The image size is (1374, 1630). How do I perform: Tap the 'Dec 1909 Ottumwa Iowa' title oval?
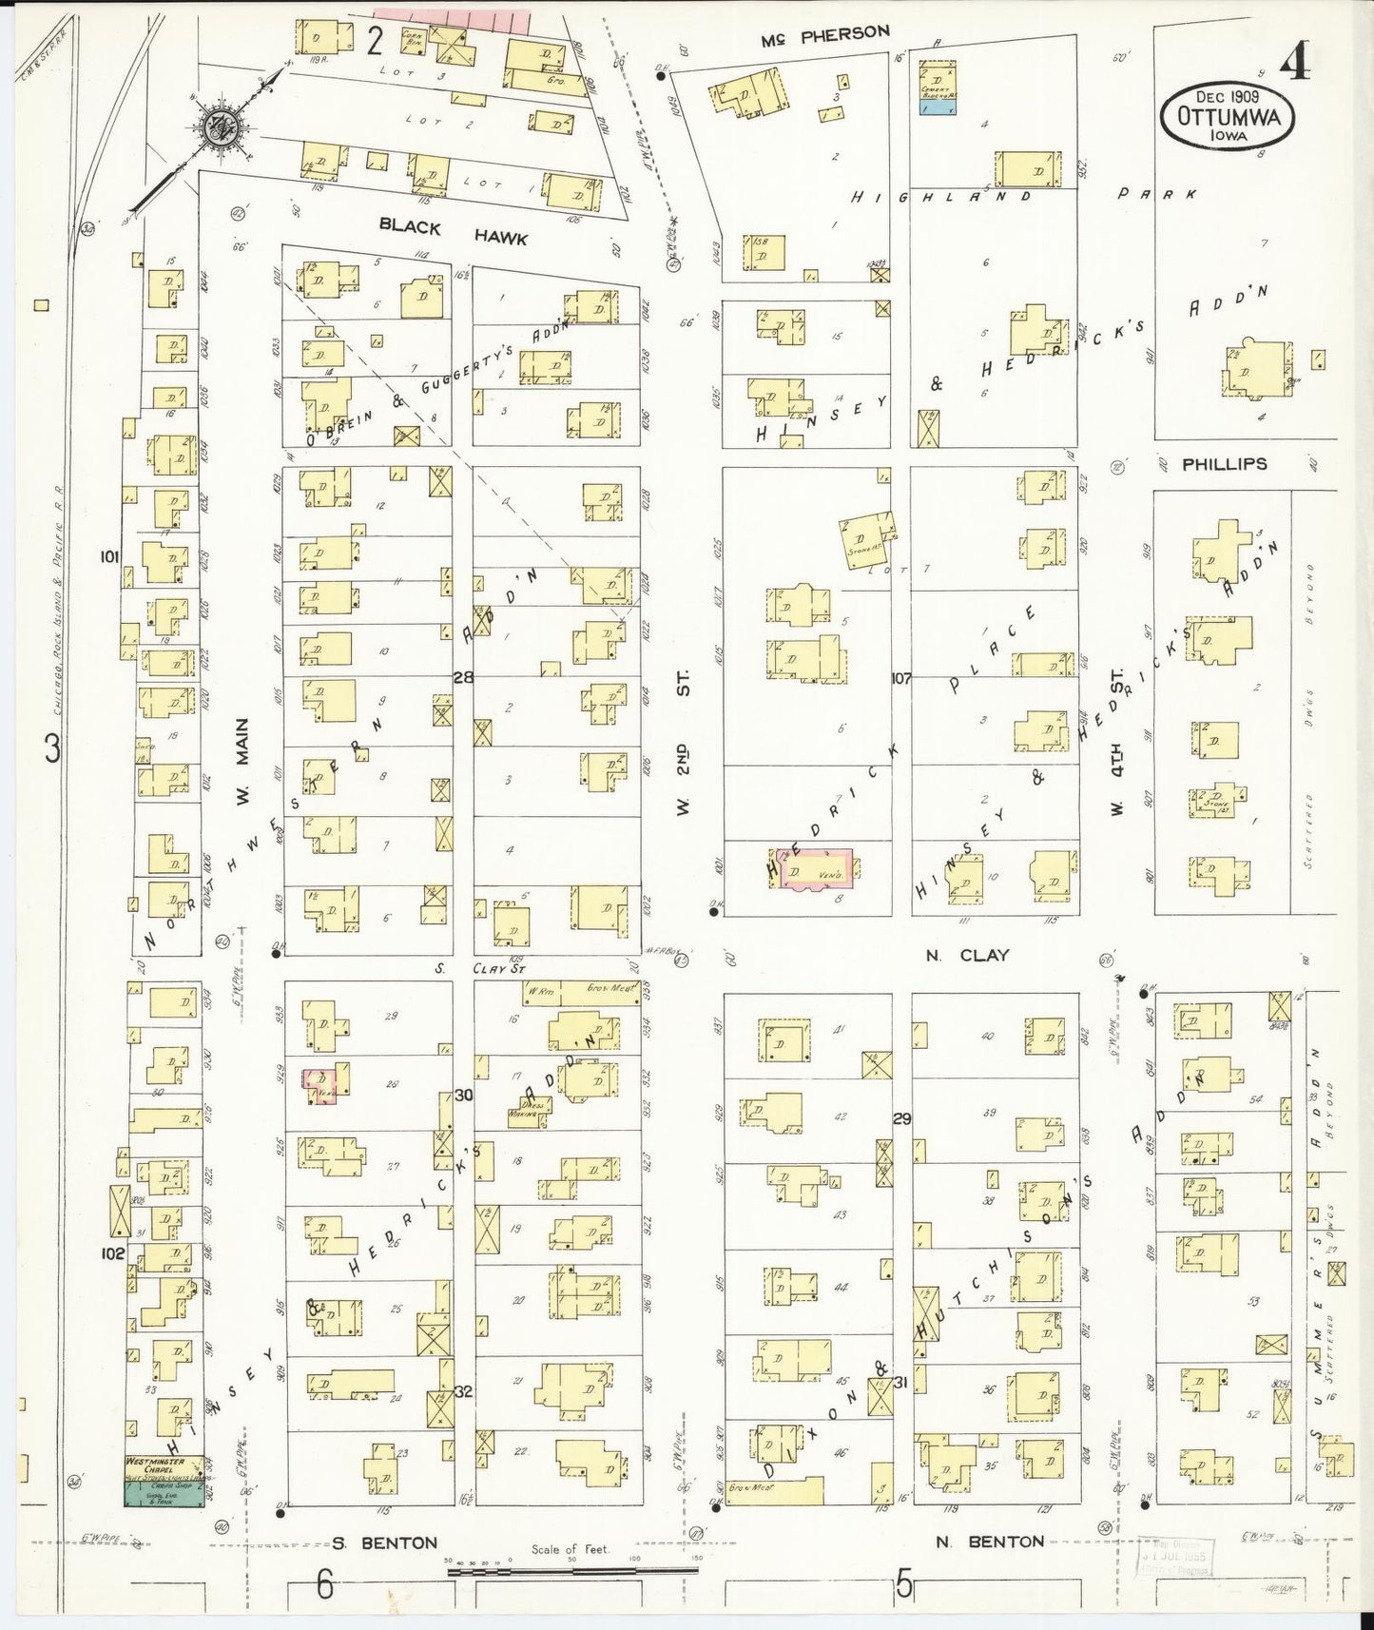click(x=1222, y=115)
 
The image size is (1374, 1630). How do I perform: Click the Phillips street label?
click(x=1224, y=464)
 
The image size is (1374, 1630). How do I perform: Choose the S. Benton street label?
click(x=385, y=1543)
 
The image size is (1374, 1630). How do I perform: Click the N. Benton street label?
click(x=989, y=1542)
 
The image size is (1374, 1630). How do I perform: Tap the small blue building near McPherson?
click(x=938, y=107)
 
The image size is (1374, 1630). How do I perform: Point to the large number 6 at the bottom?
click(x=325, y=1585)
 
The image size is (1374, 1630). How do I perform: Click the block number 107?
click(x=901, y=678)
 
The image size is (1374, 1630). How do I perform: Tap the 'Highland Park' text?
click(x=1022, y=195)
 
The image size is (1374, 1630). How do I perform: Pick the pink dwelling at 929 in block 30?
click(x=321, y=1084)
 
